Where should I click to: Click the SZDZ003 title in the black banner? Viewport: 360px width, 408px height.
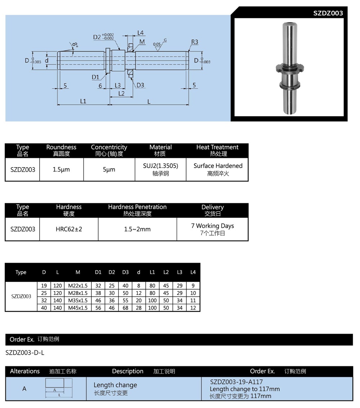[328, 13]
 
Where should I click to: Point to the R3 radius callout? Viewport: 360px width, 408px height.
[194, 42]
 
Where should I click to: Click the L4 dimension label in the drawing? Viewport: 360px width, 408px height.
[141, 33]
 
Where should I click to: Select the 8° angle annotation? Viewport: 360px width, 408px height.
[75, 45]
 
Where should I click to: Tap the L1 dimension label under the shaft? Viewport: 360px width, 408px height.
[83, 101]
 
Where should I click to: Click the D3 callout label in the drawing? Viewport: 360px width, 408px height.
[140, 85]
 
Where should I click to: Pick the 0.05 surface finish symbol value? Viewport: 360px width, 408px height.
[157, 44]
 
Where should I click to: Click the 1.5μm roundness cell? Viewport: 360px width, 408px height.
[61, 169]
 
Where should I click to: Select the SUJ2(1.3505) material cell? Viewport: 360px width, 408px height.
[161, 166]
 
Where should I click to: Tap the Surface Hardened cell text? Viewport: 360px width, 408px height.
[218, 166]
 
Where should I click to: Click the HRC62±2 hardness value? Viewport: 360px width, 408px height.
[69, 229]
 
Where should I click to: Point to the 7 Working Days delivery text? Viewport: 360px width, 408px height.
[212, 226]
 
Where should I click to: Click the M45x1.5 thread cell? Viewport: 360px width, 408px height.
[78, 308]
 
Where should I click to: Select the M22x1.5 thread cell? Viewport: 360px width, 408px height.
[78, 285]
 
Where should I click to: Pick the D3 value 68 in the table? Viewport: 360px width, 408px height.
[125, 308]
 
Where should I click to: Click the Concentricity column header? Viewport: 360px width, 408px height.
[109, 147]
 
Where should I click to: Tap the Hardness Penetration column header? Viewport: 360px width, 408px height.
[137, 207]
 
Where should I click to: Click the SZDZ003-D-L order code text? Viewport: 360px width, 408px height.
[25, 352]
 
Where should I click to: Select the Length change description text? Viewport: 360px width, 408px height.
[115, 385]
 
